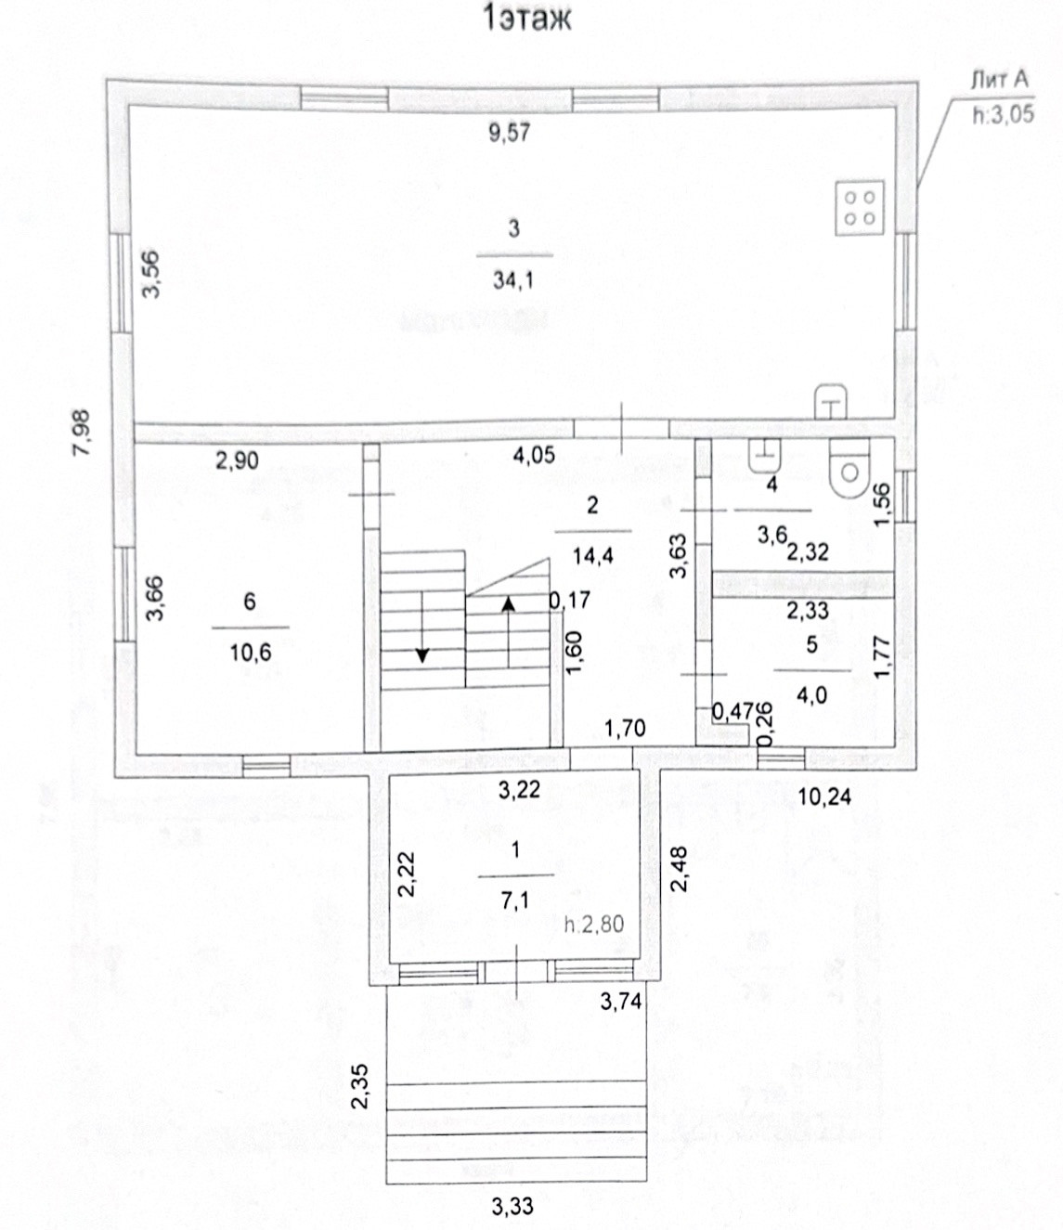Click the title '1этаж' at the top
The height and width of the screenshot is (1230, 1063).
coord(526,18)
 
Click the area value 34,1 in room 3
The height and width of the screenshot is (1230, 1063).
coord(513,279)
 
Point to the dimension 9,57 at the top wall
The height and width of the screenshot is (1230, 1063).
coord(509,133)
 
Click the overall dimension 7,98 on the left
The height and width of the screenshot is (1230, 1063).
coord(83,433)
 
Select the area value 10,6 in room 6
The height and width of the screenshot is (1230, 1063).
coord(250,653)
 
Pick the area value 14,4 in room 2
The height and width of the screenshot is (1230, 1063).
coord(592,556)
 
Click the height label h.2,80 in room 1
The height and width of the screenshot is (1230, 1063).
coord(594,924)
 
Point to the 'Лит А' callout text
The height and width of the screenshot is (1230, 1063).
coord(999,80)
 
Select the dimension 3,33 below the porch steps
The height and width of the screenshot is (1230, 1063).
coord(512,1207)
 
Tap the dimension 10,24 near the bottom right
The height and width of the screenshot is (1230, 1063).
coord(824,796)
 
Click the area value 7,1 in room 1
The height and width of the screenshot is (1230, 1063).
coord(515,900)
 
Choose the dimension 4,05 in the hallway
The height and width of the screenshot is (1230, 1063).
coord(534,455)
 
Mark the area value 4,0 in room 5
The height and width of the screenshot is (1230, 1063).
coord(811,693)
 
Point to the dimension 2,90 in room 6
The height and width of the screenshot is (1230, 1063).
coord(237,460)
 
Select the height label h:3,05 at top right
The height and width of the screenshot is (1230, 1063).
coord(1003,116)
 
